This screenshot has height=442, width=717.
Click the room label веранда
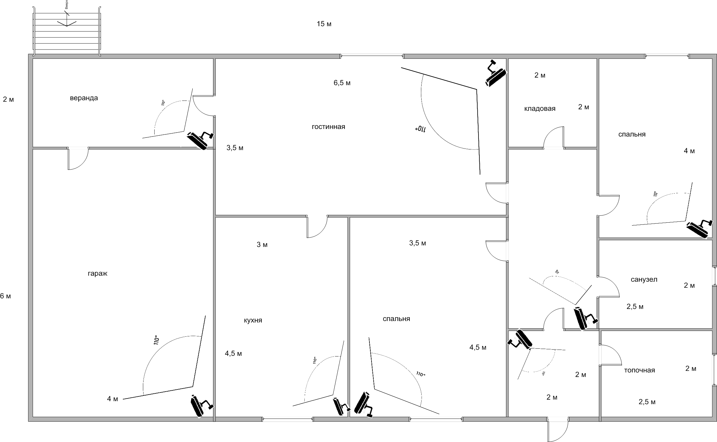tap(84, 98)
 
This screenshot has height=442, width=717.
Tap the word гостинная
tap(328, 127)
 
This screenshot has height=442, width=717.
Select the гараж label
tap(97, 274)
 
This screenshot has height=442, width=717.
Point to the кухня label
tap(253, 320)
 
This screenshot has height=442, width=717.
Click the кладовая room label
tap(540, 109)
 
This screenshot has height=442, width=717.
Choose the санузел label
tap(644, 280)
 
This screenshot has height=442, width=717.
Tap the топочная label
tap(639, 370)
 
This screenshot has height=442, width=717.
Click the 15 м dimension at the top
tap(324, 24)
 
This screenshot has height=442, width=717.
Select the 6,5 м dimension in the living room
tap(342, 83)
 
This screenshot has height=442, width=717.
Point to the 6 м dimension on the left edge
tap(5, 296)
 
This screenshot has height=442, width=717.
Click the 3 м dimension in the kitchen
tap(262, 245)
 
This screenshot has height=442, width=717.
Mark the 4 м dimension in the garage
tap(112, 399)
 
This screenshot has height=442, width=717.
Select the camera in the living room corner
tap(496, 74)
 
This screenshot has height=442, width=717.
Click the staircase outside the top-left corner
tap(67, 32)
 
